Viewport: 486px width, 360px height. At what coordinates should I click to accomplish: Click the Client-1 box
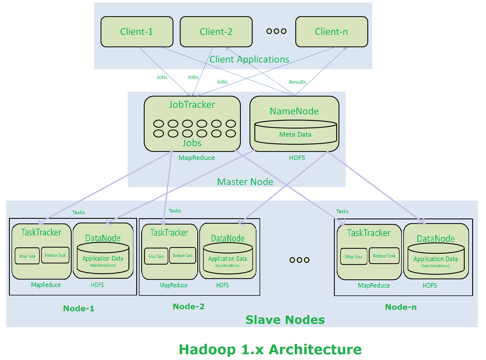pos(137,32)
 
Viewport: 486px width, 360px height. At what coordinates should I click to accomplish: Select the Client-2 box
pos(216,32)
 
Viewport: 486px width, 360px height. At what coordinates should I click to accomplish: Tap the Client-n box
pos(332,32)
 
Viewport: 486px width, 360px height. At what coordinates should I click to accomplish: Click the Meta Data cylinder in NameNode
pos(296,133)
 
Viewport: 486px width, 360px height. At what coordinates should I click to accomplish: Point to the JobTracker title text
pos(192,105)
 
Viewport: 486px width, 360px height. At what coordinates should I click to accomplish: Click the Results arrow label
pos(298,82)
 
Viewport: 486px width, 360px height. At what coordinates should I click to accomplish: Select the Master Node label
pos(245,182)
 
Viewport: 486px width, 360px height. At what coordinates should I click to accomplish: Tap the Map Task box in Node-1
pos(27,256)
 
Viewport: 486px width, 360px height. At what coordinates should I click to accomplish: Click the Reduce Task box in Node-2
pos(183,256)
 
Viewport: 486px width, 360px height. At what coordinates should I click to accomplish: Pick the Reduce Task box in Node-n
pos(384,256)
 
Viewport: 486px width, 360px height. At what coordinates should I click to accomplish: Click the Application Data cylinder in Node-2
pos(228,259)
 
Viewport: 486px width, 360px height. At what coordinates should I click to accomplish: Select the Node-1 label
pos(79,308)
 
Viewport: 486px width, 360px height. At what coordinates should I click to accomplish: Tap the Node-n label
pos(401,307)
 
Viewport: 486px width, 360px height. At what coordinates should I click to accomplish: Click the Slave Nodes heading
pos(285,320)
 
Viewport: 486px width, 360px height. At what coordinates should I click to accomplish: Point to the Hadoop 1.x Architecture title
pos(270,350)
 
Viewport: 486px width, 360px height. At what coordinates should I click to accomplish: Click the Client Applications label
pos(249,59)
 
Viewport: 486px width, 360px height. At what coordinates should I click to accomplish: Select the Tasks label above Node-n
pos(342,212)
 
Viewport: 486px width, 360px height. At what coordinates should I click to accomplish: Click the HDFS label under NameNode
pos(297,158)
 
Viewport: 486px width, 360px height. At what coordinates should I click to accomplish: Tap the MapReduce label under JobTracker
pos(196,158)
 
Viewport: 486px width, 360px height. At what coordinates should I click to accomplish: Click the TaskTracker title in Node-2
pos(169,233)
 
